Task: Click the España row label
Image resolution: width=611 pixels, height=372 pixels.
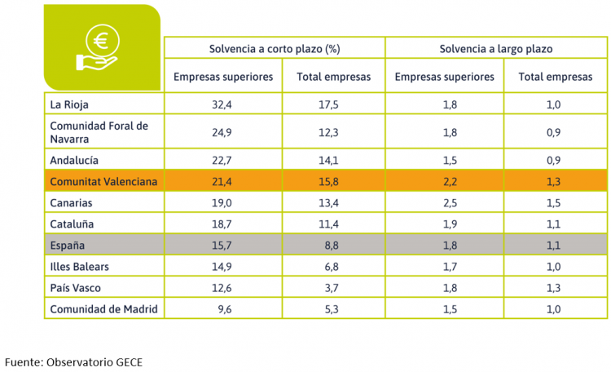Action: [68, 245]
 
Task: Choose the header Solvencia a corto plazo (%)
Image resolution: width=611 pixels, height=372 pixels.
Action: [274, 49]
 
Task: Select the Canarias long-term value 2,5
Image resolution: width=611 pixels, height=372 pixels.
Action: [444, 202]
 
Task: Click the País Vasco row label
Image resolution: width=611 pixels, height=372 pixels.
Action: [75, 287]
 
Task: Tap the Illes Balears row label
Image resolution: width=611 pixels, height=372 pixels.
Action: [79, 266]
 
